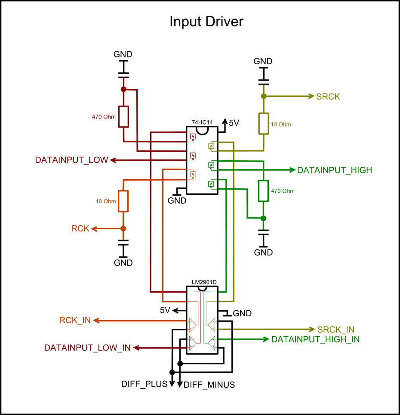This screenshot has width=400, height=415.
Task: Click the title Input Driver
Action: [x=206, y=22]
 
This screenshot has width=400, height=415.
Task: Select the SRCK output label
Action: [x=328, y=97]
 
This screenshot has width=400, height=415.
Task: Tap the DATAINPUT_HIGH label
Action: [x=334, y=170]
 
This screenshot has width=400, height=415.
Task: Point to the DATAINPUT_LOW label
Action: [x=71, y=160]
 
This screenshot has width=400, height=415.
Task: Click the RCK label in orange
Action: [x=80, y=228]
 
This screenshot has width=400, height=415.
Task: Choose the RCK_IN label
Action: [x=75, y=320]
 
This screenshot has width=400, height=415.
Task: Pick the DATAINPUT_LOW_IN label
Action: [x=87, y=347]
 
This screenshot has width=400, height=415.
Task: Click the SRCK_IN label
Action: [x=335, y=330]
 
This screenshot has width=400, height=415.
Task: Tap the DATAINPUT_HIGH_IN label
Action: [x=315, y=340]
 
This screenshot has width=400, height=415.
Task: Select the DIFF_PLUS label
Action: [x=144, y=384]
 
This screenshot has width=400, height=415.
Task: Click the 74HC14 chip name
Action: [x=202, y=123]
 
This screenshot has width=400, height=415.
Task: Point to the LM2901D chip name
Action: [x=204, y=282]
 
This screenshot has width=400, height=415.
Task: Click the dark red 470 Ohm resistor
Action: [x=123, y=117]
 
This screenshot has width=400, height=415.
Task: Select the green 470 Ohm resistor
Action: [x=263, y=191]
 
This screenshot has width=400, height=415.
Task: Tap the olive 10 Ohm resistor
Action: [x=264, y=124]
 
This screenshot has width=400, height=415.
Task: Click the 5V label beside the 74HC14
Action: [x=234, y=123]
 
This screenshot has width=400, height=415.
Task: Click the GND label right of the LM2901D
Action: [x=242, y=313]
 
